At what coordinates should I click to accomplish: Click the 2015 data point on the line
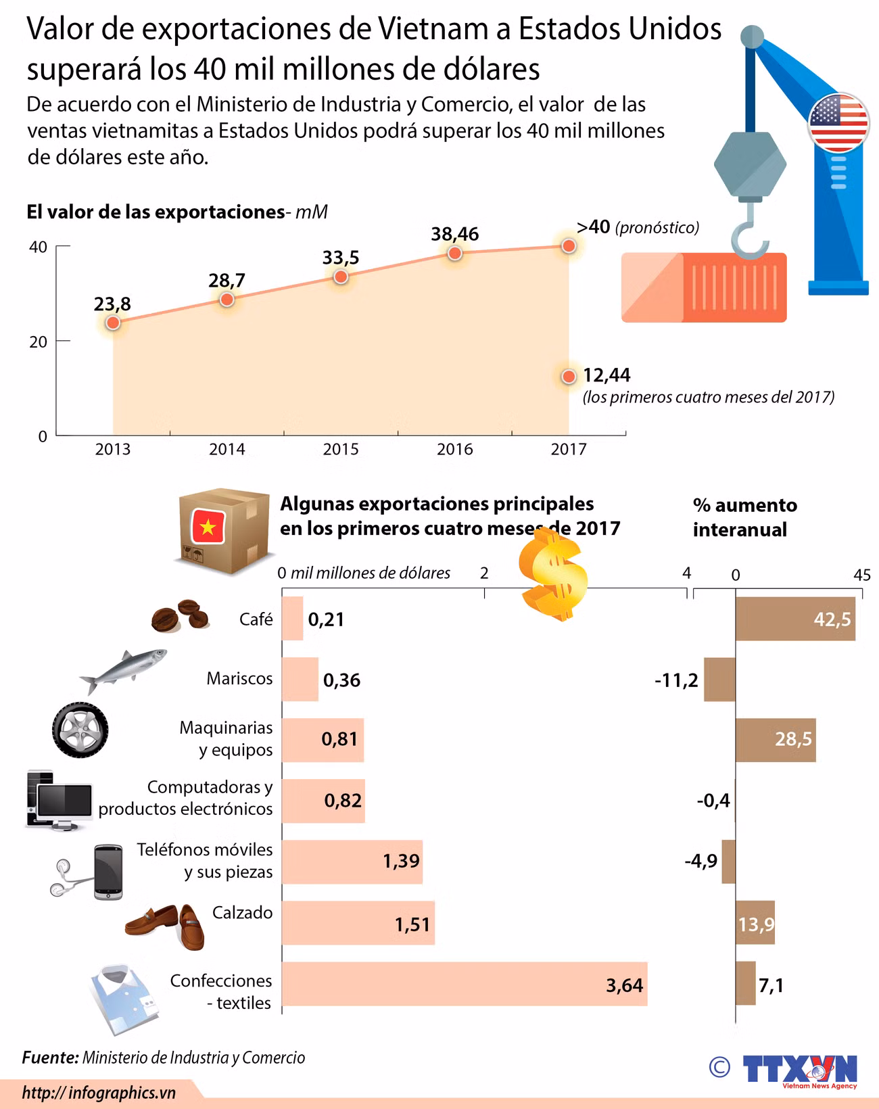point(341,277)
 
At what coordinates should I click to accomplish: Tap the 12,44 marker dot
point(569,377)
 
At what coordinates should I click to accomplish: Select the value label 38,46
point(455,234)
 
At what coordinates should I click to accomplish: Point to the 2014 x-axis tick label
point(227,450)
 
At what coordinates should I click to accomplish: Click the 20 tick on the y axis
point(38,341)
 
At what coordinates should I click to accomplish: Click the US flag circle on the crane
point(838,122)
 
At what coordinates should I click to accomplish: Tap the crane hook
point(749,232)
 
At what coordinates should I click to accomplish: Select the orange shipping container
point(704,287)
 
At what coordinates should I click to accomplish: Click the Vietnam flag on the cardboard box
point(208,527)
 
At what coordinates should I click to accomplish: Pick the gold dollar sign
point(553,575)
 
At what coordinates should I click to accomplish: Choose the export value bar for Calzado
point(358,922)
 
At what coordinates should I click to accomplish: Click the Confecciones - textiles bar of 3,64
point(465,983)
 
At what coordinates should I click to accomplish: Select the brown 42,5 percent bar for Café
point(795,618)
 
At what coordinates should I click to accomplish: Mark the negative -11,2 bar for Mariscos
point(719,679)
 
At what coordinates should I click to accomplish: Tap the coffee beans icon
point(180,615)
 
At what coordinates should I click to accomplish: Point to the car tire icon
point(80,730)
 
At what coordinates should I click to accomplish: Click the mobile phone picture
point(108,872)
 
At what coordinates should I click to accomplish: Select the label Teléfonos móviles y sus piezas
point(205,861)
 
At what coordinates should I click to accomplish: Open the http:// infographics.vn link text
point(99,1093)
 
